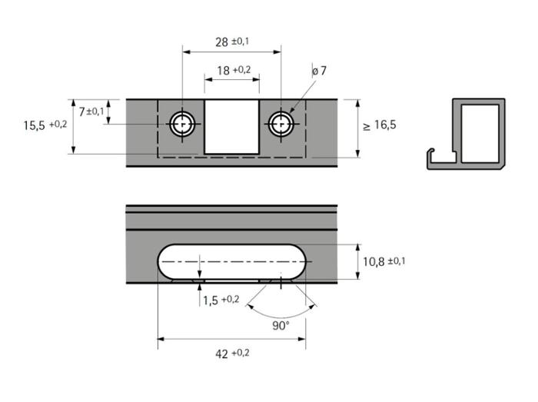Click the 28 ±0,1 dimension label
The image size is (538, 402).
232,42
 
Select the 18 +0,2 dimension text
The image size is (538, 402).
233,70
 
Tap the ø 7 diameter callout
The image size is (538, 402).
319,71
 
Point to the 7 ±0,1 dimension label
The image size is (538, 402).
91,111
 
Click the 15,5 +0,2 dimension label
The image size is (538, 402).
45,125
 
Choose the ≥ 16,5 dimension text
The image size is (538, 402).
380,125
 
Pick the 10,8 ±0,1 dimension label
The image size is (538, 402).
384,262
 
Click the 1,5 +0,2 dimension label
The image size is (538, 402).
221,300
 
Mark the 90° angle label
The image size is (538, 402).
281,325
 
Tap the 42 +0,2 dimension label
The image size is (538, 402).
232,354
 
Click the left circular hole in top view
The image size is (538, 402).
182,123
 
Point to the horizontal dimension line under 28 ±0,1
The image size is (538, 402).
232,51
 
